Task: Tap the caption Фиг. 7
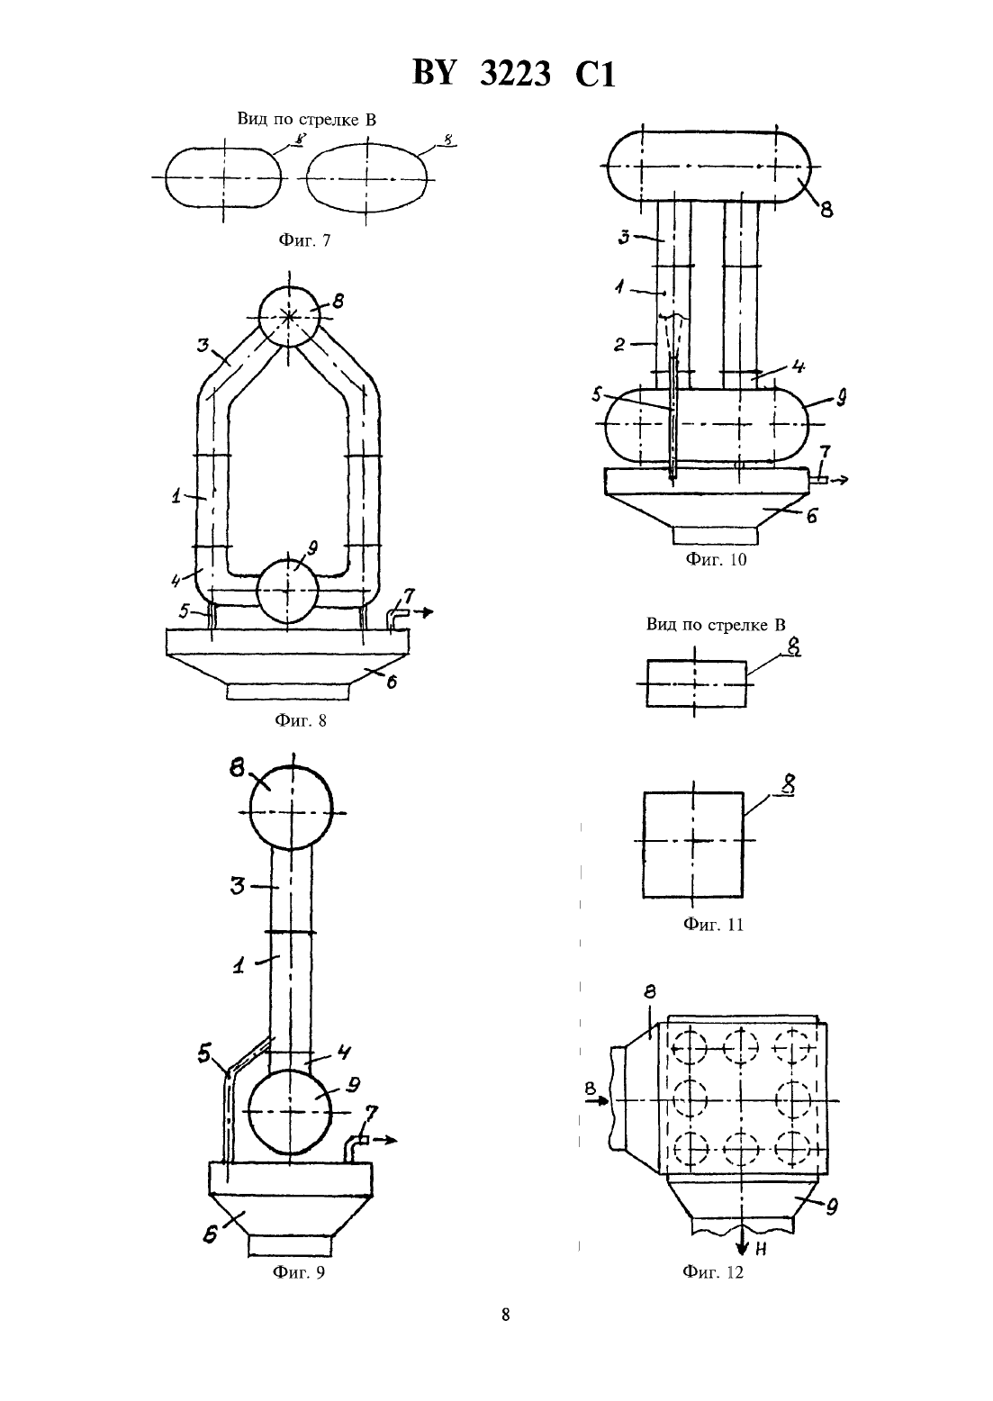[x=304, y=240]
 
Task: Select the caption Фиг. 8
[x=301, y=720]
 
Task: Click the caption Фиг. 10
[x=716, y=559]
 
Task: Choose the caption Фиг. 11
[x=714, y=925]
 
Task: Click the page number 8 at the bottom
[x=506, y=1315]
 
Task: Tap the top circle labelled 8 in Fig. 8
[x=289, y=317]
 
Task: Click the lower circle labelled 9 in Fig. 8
[x=288, y=592]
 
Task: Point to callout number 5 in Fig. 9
[x=203, y=1053]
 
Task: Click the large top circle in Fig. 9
[x=292, y=808]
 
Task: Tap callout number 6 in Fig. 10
[x=812, y=517]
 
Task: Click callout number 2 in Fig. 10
[x=619, y=344]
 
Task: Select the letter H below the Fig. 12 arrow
[x=761, y=1250]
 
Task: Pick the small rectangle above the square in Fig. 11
[x=696, y=683]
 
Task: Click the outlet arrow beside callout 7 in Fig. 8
[x=422, y=613]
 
